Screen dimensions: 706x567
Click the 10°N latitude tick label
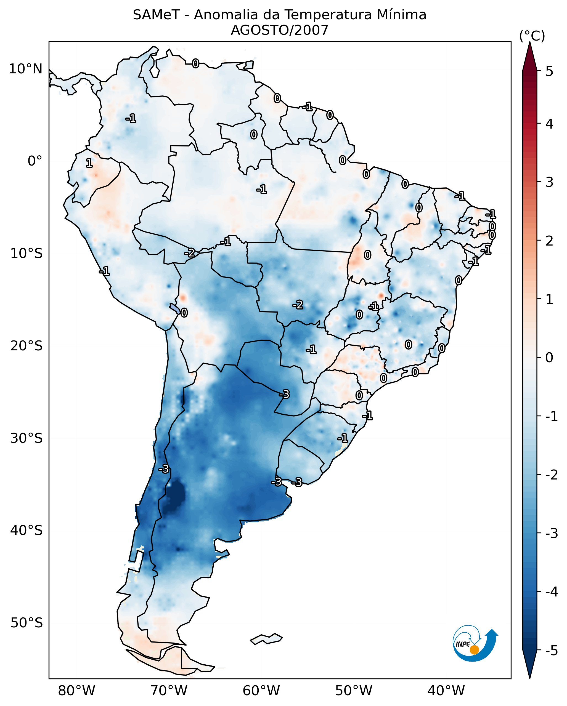click(26, 69)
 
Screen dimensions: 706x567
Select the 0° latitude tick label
click(35, 161)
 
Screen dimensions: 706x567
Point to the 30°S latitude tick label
click(26, 438)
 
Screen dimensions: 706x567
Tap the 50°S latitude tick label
click(26, 623)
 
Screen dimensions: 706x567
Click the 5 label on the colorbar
click(549, 71)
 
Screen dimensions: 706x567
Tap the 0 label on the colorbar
click(549, 358)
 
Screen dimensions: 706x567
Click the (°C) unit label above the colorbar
click(532, 36)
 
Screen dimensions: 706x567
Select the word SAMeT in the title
click(156, 15)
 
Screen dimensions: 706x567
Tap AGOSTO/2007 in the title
click(279, 30)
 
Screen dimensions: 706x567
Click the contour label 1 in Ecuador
click(89, 163)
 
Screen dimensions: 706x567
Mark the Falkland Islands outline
click(266, 639)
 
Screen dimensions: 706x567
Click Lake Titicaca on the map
click(175, 308)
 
